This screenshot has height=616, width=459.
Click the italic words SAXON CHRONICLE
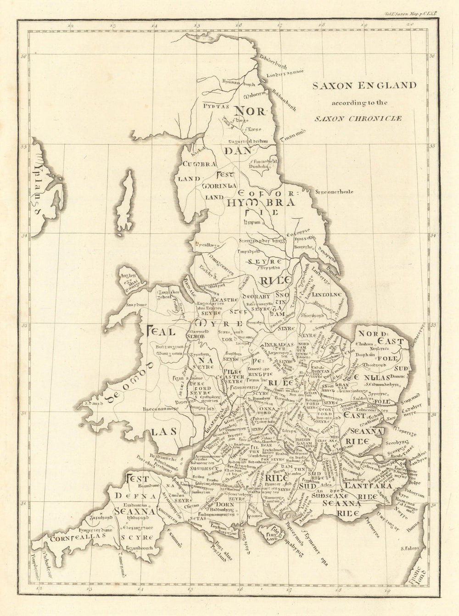click(x=358, y=118)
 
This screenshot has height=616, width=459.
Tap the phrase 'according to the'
click(x=357, y=102)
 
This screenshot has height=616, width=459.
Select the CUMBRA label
click(x=199, y=164)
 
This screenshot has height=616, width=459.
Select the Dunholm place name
click(x=258, y=168)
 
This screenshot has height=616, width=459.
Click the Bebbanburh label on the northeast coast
click(x=278, y=98)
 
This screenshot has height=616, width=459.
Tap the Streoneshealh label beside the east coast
click(x=334, y=191)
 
